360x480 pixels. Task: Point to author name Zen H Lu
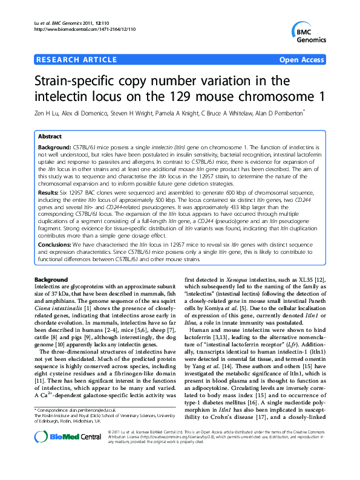[51, 112]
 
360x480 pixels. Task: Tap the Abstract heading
[50, 137]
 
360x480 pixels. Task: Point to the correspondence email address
[106, 410]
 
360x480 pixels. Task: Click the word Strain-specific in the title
[83, 80]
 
